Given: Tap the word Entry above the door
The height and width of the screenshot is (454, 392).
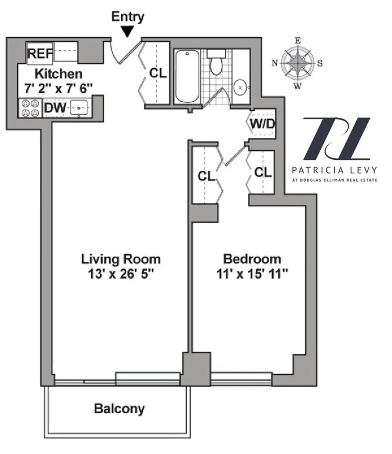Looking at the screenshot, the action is coord(127,16).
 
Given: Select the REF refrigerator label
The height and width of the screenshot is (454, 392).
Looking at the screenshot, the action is coord(40,53).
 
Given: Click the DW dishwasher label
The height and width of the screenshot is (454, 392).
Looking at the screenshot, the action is coord(55,108).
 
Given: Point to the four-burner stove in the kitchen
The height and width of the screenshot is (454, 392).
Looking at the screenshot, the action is coord(30,108).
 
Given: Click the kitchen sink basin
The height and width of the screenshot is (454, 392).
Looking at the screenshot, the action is coord(79,108).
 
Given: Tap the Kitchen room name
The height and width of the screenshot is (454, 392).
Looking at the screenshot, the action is coord(58,74).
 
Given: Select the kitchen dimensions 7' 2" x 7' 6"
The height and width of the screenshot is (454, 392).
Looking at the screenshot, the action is coord(58,88).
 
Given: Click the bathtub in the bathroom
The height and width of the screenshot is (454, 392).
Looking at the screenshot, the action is coord(187,77).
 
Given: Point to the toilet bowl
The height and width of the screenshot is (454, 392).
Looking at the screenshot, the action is coord(216,66).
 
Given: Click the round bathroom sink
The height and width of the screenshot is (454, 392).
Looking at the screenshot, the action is coord(240,87).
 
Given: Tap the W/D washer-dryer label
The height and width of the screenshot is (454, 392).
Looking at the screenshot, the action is coord(263,124).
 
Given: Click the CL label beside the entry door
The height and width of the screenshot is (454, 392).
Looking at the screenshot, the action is coord(158,73).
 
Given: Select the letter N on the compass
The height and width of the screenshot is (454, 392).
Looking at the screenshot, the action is coord(275,62).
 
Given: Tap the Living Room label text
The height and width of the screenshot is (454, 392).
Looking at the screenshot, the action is coord(121,259).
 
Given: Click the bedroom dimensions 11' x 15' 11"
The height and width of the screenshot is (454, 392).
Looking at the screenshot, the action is coord(252,273).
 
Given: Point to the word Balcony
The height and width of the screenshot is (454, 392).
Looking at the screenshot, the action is coord(119,408).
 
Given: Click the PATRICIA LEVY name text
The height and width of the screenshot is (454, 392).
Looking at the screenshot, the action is coord(335,170).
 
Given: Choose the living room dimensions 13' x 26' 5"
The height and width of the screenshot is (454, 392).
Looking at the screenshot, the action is coord(121,273).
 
